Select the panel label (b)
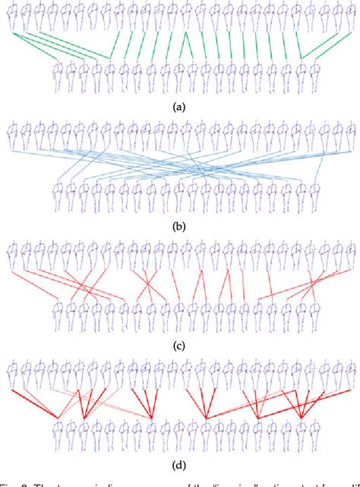pyautogui.click(x=180, y=226)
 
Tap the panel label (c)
pyautogui.click(x=180, y=346)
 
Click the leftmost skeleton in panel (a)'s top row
pyautogui.click(x=11, y=17)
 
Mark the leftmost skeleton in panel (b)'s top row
pyautogui.click(x=11, y=138)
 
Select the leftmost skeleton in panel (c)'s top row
pyautogui.click(x=11, y=256)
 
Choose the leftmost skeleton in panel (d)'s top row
pyautogui.click(x=11, y=376)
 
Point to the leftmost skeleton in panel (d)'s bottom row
pyautogui.click(x=59, y=438)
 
